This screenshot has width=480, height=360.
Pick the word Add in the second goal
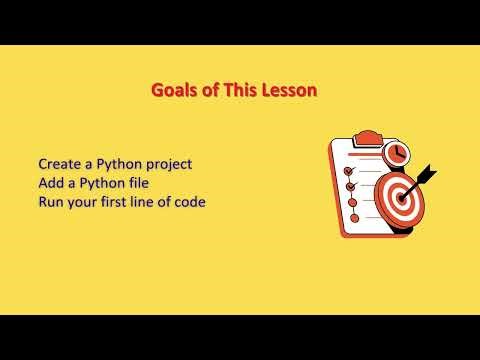tap(52, 183)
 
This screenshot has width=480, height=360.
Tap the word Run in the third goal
tap(52, 203)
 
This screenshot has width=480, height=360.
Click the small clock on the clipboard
tap(398, 153)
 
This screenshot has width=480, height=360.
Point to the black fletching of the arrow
tap(428, 172)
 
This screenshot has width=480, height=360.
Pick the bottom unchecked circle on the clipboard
tap(353, 217)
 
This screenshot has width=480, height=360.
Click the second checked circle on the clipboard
tap(350, 185)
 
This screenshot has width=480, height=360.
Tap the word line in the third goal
tap(150, 203)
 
